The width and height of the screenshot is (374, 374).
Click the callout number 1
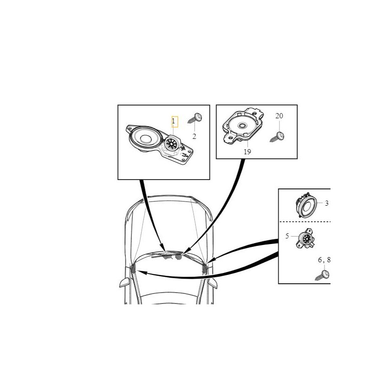pyautogui.click(x=173, y=121)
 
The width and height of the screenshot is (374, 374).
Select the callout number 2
pyautogui.click(x=194, y=137)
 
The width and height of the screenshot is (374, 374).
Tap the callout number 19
pyautogui.click(x=247, y=151)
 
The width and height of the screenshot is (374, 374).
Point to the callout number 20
pyautogui.click(x=279, y=116)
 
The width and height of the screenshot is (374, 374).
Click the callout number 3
pyautogui.click(x=326, y=203)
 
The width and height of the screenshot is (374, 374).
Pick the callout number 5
pyautogui.click(x=287, y=236)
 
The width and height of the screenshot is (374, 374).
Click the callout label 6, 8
pyautogui.click(x=324, y=260)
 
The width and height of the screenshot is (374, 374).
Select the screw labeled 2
pyautogui.click(x=195, y=118)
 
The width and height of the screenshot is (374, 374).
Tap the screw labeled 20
pyautogui.click(x=277, y=137)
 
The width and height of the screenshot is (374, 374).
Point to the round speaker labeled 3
pyautogui.click(x=306, y=205)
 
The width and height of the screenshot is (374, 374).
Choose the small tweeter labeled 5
pyautogui.click(x=305, y=238)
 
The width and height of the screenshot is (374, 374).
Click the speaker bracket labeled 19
pyautogui.click(x=243, y=126)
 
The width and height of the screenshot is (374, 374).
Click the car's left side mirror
pyautogui.click(x=125, y=282)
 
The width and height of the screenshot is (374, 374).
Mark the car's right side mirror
pyautogui.click(x=212, y=283)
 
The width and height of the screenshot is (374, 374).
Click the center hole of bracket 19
pyautogui.click(x=243, y=125)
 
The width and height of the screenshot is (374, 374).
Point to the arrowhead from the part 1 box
pyautogui.click(x=163, y=248)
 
